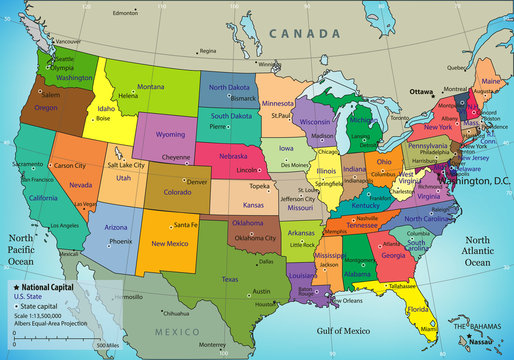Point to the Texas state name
[x=230, y=279]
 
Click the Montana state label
[x=150, y=87]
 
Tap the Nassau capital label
[x=482, y=342]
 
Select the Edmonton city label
[x=126, y=13]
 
